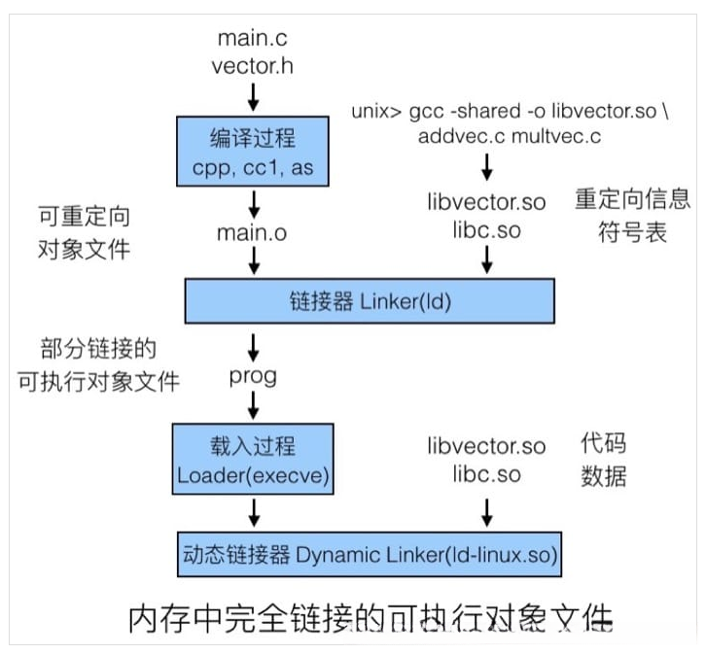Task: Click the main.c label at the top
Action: point(253,39)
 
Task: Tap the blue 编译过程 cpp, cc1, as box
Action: point(252,151)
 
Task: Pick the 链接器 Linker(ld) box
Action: point(370,300)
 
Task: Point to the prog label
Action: point(253,376)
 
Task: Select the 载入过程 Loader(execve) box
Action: point(252,462)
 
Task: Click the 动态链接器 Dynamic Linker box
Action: point(370,556)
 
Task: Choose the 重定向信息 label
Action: point(632,201)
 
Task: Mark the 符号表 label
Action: point(632,233)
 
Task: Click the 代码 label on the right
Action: point(603,444)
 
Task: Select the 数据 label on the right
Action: point(603,476)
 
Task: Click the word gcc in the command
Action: point(435,111)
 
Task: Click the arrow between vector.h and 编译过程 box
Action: point(253,96)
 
